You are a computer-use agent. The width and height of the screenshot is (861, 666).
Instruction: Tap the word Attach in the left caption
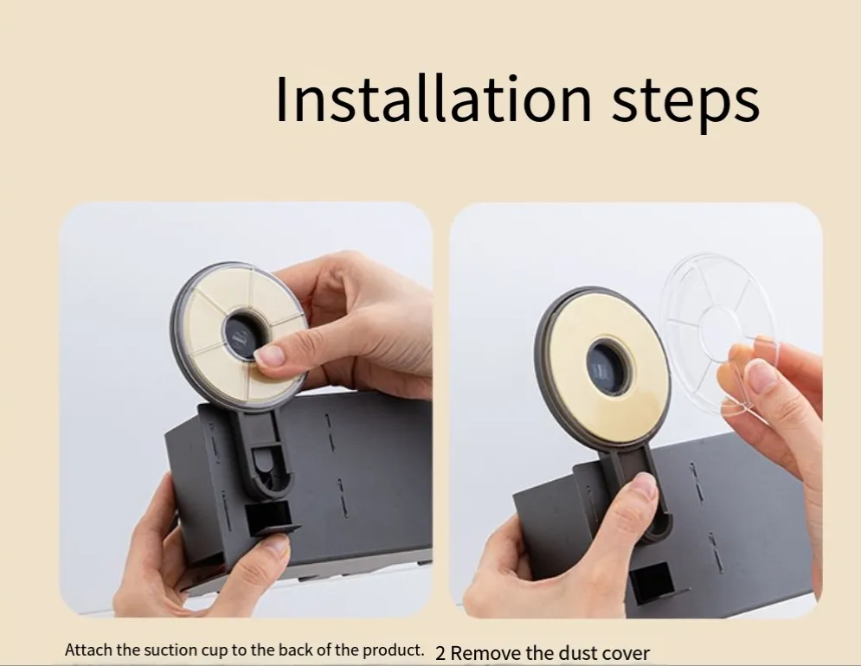(x=89, y=650)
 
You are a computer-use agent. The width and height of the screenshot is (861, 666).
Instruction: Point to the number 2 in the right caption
(x=440, y=653)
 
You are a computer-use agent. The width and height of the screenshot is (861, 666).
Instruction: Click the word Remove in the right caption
(x=485, y=653)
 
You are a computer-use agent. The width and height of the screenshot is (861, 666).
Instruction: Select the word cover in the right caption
(x=626, y=654)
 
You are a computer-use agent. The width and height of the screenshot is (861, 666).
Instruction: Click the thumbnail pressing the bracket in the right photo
(x=645, y=484)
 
